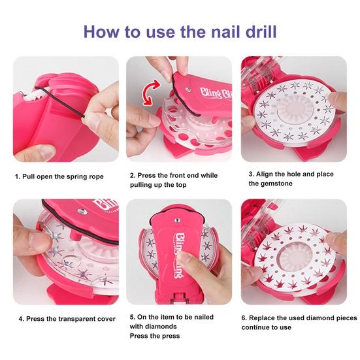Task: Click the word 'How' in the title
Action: coord(102,31)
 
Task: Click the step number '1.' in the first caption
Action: coord(18,176)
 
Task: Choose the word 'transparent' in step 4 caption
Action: coord(73,319)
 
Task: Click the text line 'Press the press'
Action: coord(155,336)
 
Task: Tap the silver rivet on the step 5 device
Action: coord(177,221)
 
